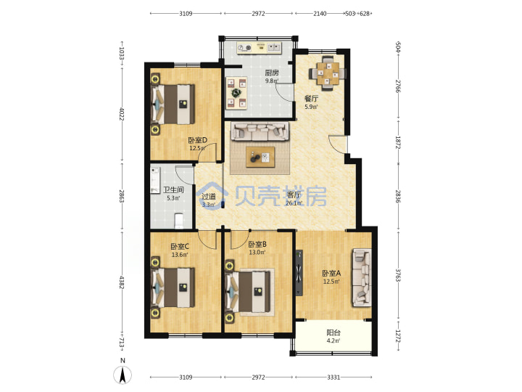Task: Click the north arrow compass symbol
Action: click(x=123, y=375)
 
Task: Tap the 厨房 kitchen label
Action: click(x=272, y=73)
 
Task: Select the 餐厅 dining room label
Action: click(x=311, y=98)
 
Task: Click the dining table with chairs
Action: click(x=328, y=73)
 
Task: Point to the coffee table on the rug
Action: click(x=260, y=157)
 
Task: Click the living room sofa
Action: click(x=260, y=131)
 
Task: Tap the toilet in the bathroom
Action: click(x=179, y=221)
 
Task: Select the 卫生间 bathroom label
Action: click(x=173, y=190)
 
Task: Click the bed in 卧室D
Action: click(x=173, y=104)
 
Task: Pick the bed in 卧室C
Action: click(x=173, y=287)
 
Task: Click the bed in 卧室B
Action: click(x=248, y=292)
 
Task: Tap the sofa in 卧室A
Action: click(x=362, y=277)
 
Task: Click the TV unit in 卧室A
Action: click(x=299, y=273)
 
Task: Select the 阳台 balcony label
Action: click(x=333, y=332)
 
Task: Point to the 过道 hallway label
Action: click(x=209, y=197)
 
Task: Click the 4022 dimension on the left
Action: click(x=122, y=115)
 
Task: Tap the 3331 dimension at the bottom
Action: click(x=333, y=377)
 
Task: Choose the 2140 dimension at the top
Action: click(x=320, y=14)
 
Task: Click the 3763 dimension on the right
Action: click(x=398, y=275)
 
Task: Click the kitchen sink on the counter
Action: click(x=274, y=47)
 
